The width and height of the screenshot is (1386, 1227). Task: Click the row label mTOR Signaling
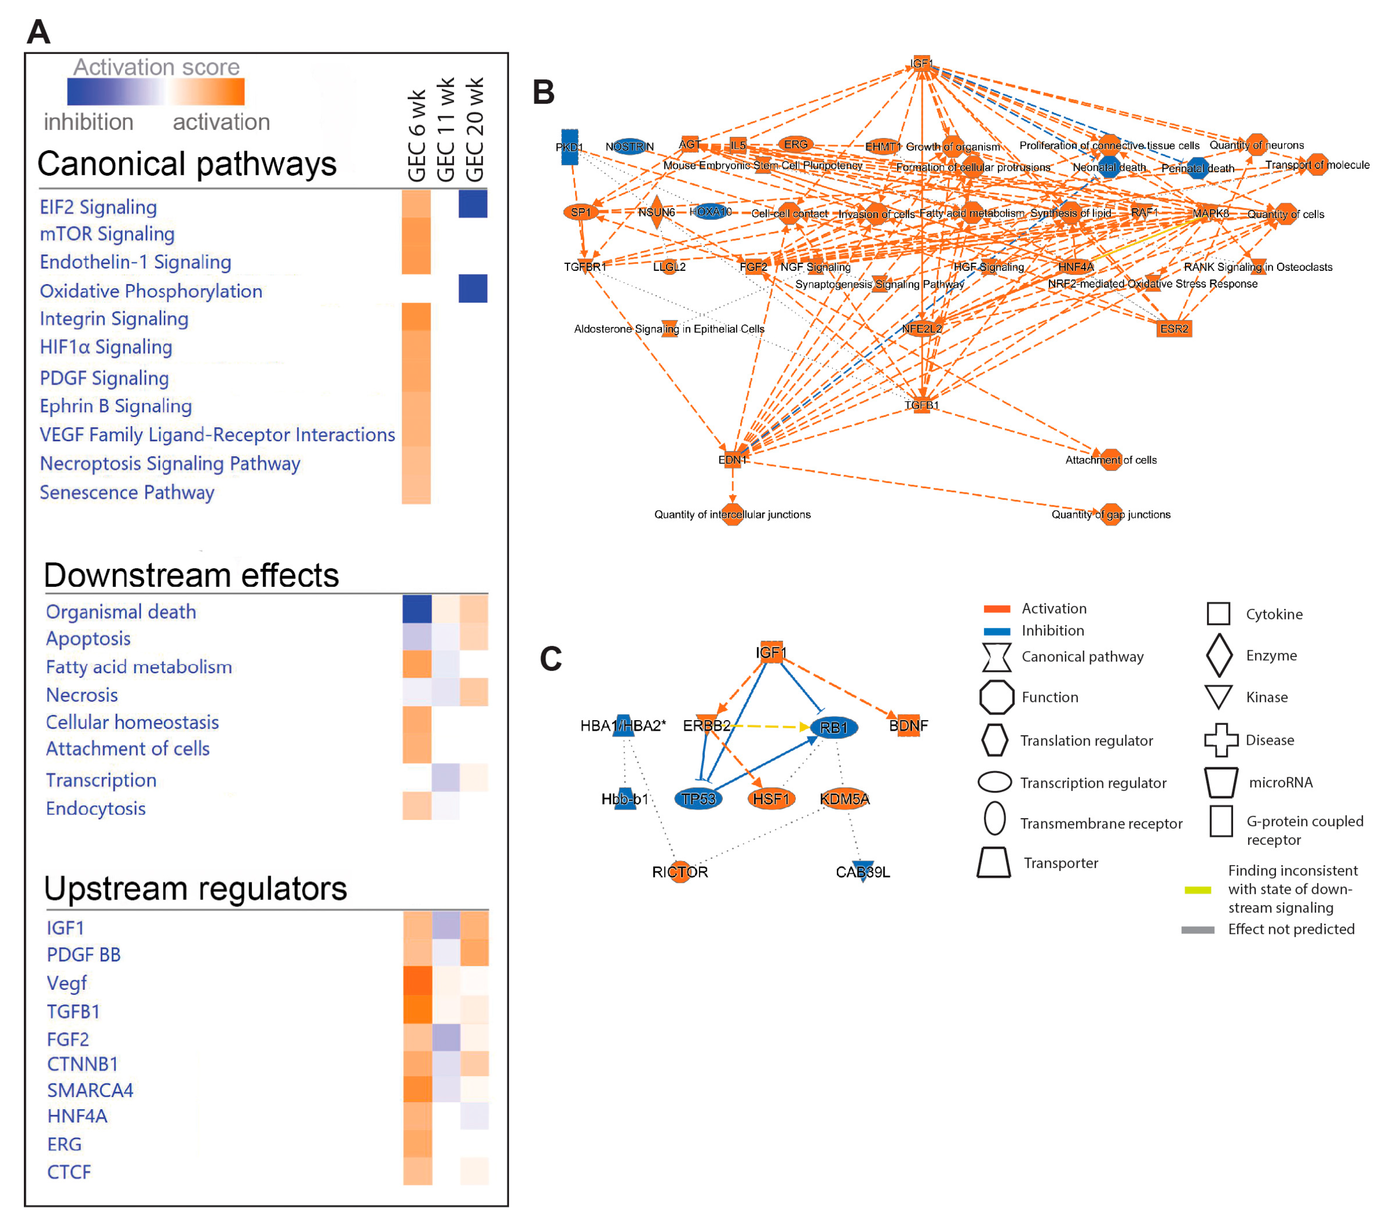click(107, 234)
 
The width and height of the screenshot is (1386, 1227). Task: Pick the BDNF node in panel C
click(908, 725)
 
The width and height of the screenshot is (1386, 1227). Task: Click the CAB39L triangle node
click(862, 871)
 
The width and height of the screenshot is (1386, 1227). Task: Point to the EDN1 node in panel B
click(732, 459)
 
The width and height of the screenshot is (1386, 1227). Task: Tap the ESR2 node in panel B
click(1174, 328)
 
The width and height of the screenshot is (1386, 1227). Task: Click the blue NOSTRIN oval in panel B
click(629, 146)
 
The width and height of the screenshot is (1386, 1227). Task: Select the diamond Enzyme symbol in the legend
click(1218, 655)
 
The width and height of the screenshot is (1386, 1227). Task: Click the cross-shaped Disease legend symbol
click(1220, 740)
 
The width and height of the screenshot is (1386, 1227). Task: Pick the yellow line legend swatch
click(1197, 889)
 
